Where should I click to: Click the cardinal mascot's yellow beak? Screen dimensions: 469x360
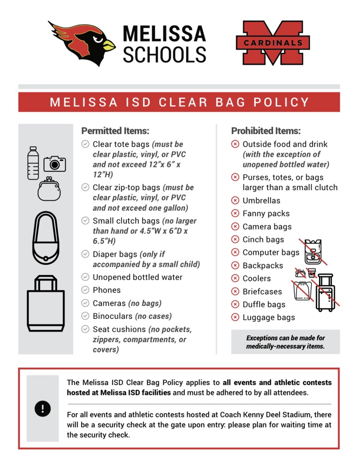(108, 45)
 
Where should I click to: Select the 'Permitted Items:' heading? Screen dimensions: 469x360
(115, 131)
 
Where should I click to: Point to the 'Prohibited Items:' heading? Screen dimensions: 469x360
(266, 131)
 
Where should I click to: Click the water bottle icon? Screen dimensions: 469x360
(33, 163)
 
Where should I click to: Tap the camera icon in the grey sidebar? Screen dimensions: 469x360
(54, 164)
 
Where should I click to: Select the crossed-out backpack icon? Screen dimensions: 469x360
(312, 252)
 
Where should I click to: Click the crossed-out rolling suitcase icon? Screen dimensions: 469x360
(325, 292)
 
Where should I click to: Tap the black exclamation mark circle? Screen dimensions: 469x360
(43, 409)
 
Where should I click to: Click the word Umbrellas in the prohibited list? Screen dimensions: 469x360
(261, 201)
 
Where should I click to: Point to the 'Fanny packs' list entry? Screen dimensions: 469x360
(266, 214)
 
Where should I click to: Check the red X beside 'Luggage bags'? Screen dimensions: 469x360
(235, 317)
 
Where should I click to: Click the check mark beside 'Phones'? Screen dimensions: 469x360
(85, 290)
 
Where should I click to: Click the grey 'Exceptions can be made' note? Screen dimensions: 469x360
(285, 342)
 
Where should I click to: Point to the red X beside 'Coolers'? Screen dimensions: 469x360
(235, 278)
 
